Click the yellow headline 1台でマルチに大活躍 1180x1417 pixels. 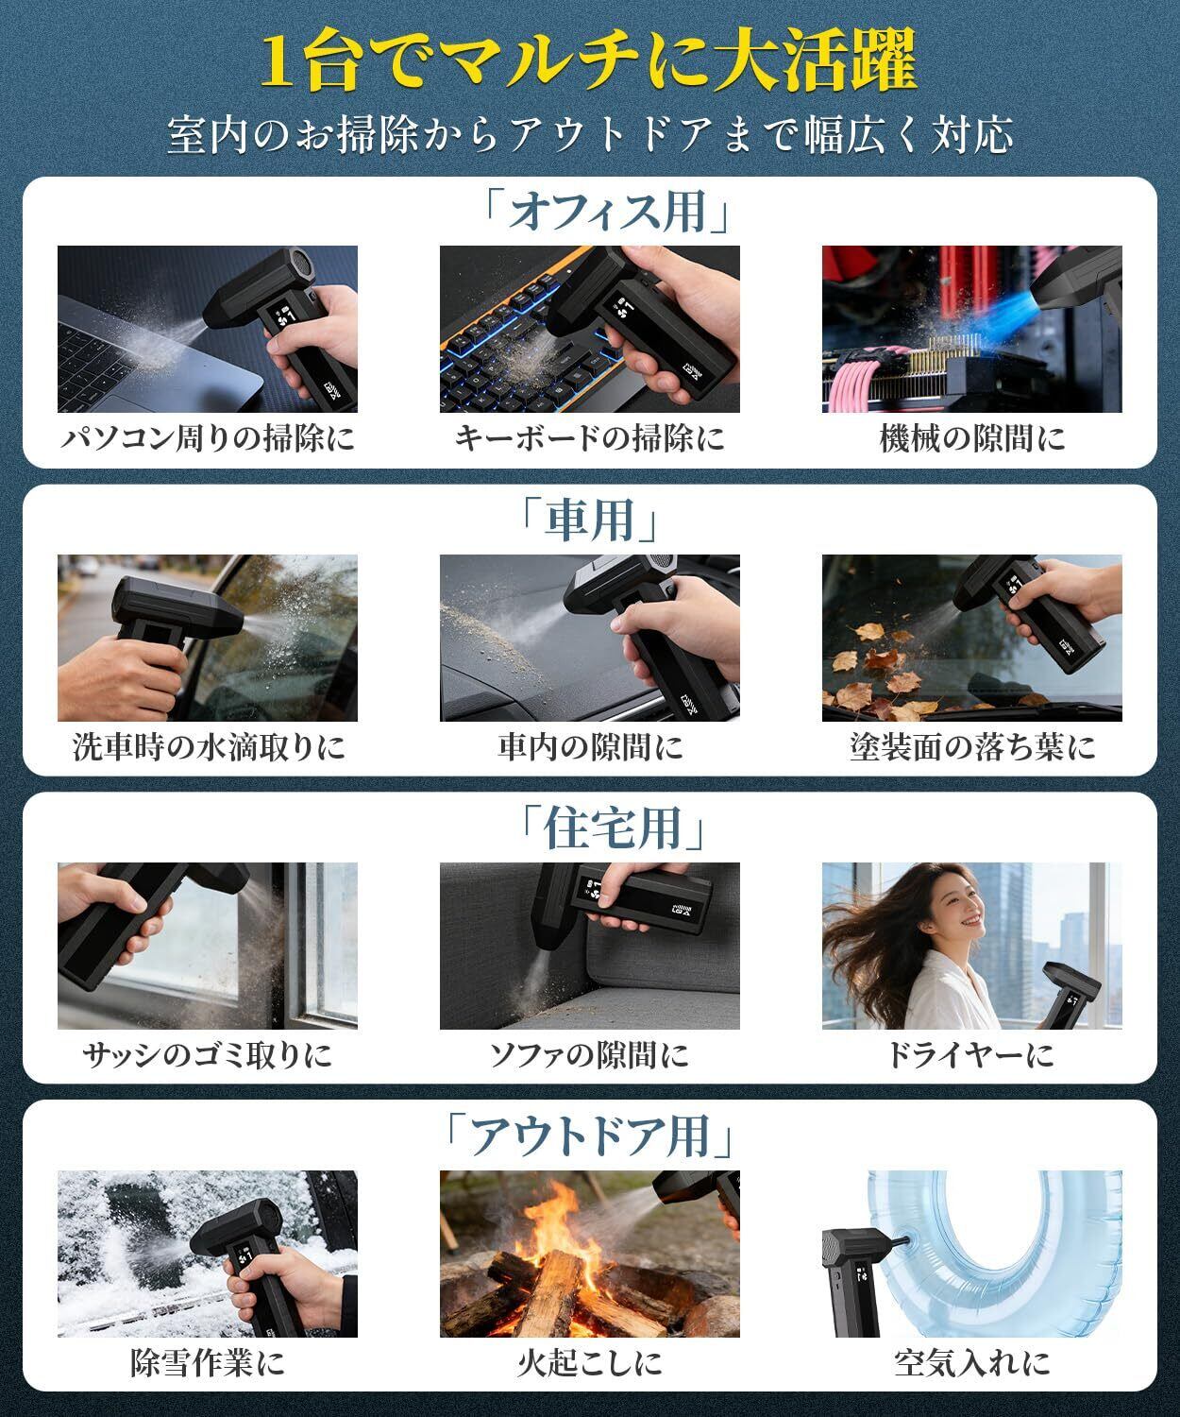click(x=589, y=62)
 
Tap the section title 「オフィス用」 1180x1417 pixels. click(x=606, y=212)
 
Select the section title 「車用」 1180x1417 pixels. click(x=589, y=520)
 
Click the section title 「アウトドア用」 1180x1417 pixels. click(x=589, y=1136)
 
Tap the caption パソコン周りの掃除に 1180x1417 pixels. click(x=209, y=438)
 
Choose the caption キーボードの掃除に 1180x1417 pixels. click(x=589, y=438)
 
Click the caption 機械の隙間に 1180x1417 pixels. click(x=971, y=438)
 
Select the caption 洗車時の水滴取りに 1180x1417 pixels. click(x=209, y=747)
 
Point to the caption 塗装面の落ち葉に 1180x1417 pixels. click(x=971, y=747)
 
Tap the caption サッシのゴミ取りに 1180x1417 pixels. click(x=208, y=1055)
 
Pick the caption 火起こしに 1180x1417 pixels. click(x=589, y=1363)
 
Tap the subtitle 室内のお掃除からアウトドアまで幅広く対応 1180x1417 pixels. click(x=590, y=135)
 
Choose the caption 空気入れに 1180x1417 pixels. click(x=971, y=1363)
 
